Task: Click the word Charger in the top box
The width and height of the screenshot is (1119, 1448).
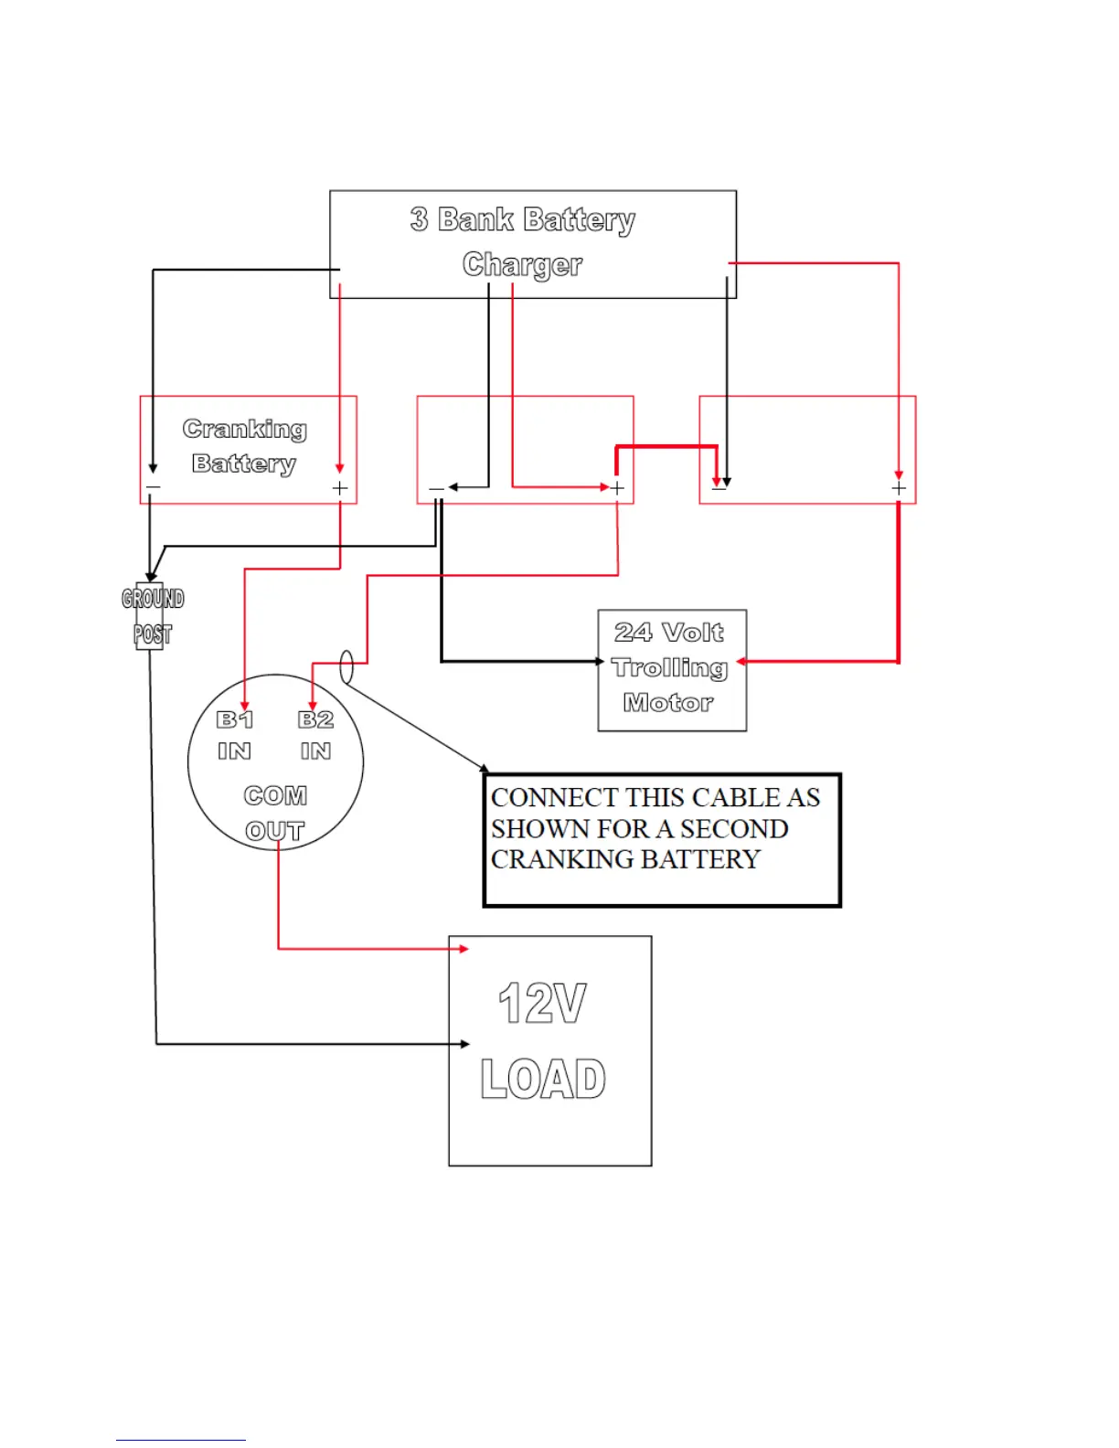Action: pyautogui.click(x=522, y=264)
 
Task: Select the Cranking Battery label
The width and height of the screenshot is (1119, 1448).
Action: pyautogui.click(x=244, y=446)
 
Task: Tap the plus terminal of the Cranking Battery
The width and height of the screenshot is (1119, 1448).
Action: pyautogui.click(x=340, y=488)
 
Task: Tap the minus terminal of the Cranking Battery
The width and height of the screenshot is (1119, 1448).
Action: pyautogui.click(x=153, y=488)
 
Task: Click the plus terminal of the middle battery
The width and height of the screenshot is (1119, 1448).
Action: pyautogui.click(x=618, y=488)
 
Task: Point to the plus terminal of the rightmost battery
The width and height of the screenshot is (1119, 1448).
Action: pyautogui.click(x=899, y=489)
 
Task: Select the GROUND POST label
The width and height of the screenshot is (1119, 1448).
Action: pyautogui.click(x=153, y=616)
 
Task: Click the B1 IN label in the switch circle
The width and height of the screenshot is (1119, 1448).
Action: pyautogui.click(x=234, y=735)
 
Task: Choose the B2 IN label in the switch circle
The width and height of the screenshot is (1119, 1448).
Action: pyautogui.click(x=315, y=735)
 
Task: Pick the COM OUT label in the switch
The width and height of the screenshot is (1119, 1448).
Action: pyautogui.click(x=275, y=813)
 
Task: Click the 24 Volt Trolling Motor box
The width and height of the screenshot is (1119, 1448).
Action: pyautogui.click(x=671, y=669)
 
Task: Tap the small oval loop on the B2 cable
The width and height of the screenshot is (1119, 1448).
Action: pyautogui.click(x=346, y=666)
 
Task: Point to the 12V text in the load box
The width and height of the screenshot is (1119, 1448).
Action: pyautogui.click(x=542, y=1004)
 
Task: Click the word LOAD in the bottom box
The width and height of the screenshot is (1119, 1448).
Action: pyautogui.click(x=543, y=1079)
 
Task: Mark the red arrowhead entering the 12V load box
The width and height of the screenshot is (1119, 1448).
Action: pyautogui.click(x=464, y=949)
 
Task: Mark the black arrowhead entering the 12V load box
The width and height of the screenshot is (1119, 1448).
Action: pyautogui.click(x=465, y=1044)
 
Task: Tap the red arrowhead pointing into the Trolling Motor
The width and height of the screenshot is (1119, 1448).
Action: pyautogui.click(x=742, y=661)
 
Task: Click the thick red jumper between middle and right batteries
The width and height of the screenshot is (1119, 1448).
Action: pyautogui.click(x=666, y=446)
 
